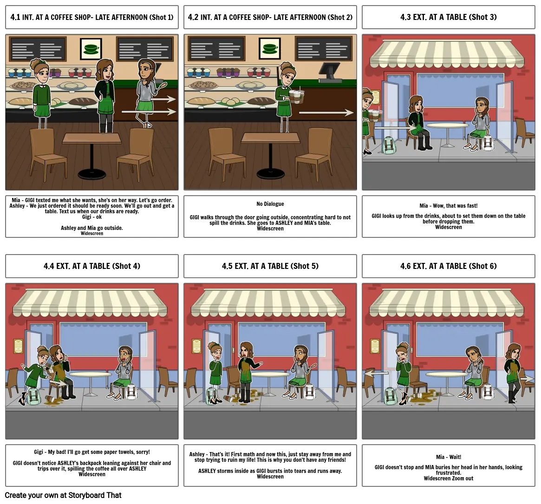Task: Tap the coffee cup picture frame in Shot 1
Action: [x=91, y=49]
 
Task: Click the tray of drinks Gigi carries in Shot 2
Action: [x=297, y=96]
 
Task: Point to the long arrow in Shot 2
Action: [x=326, y=113]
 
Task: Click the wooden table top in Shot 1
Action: [x=92, y=138]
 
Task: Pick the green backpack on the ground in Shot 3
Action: [x=390, y=145]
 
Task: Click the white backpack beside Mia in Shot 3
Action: [x=488, y=143]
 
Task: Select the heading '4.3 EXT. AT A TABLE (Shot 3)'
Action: [x=449, y=17]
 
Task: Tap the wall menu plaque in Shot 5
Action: [x=197, y=346]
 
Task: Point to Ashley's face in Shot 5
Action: [x=245, y=351]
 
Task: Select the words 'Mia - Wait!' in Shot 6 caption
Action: [x=449, y=457]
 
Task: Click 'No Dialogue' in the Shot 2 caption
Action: [x=270, y=204]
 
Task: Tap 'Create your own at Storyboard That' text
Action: [x=63, y=495]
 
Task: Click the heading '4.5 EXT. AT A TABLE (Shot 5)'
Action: [x=270, y=266]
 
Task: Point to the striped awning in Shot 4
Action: [x=90, y=302]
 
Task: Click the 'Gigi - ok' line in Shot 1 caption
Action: [x=92, y=217]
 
